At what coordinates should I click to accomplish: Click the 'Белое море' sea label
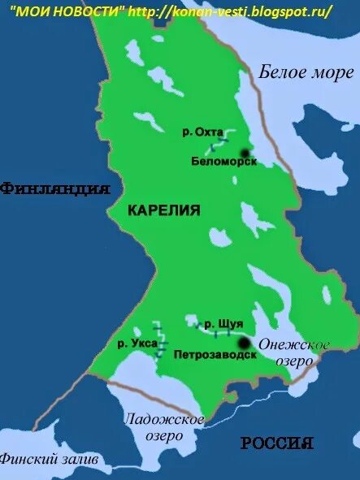point(307,73)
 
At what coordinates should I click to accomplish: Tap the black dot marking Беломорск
point(244,152)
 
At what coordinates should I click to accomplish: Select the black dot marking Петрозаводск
point(243,344)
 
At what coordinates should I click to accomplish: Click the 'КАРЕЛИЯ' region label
point(164,210)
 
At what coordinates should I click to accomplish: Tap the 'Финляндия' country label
point(55,189)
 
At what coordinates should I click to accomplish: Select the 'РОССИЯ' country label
point(277,443)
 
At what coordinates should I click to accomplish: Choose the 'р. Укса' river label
point(132,343)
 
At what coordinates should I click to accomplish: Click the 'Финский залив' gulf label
point(50,459)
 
